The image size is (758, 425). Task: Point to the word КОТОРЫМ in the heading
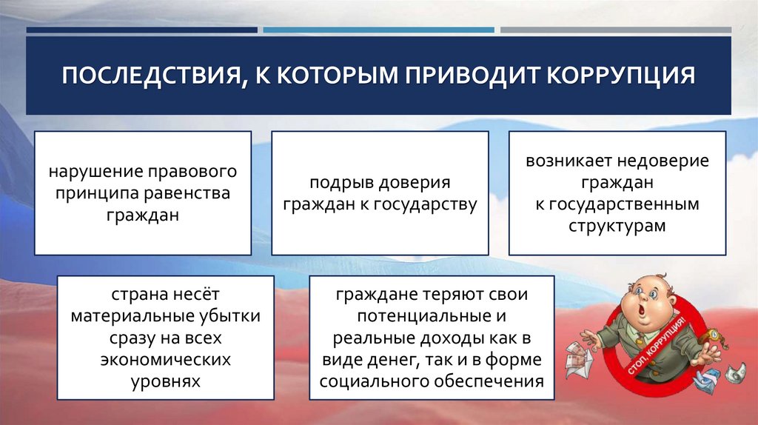pyautogui.click(x=318, y=76)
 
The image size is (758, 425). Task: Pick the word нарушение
pyautogui.click(x=87, y=172)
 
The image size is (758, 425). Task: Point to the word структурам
pyautogui.click(x=617, y=225)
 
